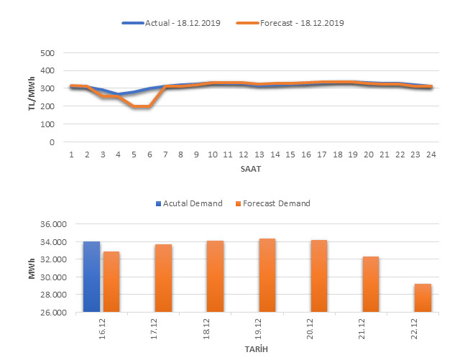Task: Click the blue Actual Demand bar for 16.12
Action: point(91,277)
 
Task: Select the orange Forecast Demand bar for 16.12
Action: point(111,282)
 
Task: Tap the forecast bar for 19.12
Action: point(267,275)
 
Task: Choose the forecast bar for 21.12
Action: point(371,284)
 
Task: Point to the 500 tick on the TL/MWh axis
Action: point(47,53)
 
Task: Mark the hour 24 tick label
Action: point(431,154)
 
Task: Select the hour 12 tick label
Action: point(244,154)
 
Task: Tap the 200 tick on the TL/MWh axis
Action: point(47,106)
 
